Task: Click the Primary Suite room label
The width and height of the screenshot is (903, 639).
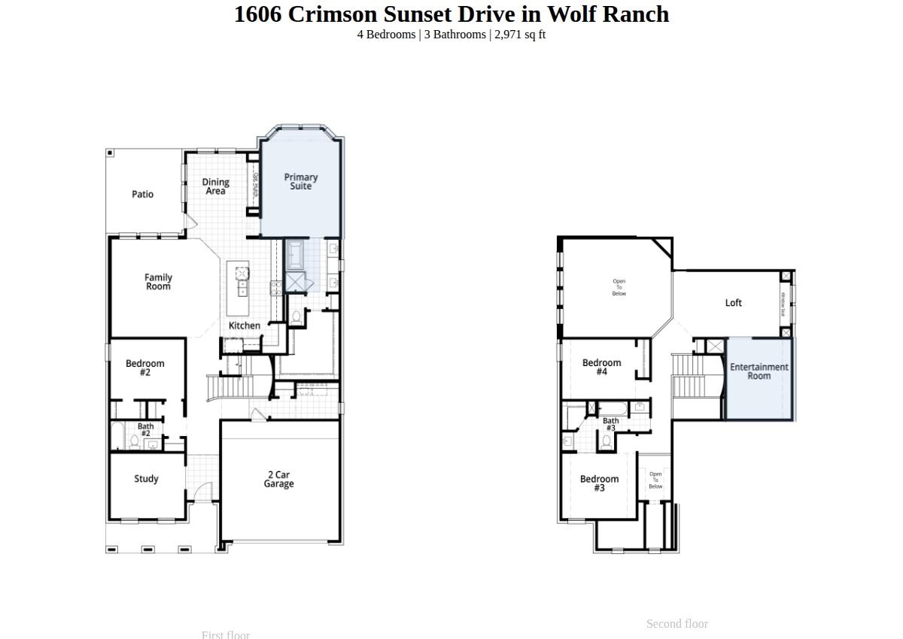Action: point(301,181)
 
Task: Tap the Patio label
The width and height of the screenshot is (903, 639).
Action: point(142,194)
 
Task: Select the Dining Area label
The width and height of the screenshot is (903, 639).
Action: point(215,186)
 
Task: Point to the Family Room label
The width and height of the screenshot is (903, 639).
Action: point(158,282)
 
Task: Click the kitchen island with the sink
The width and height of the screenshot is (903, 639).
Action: point(239,288)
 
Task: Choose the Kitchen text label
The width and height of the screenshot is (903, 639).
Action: point(245,326)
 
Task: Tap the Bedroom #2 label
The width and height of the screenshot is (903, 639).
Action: point(145,368)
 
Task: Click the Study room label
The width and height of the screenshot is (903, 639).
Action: point(146,479)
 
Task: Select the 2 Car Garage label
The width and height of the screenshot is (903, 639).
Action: point(278,480)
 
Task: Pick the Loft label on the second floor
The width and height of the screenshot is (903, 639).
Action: point(733,303)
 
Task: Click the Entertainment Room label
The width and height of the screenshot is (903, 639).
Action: point(759,371)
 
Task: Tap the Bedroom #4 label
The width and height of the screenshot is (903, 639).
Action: point(601,367)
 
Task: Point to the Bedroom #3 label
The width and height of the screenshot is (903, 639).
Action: point(599,483)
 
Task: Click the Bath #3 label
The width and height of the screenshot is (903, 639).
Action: point(610,424)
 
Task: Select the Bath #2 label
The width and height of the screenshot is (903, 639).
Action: point(145,430)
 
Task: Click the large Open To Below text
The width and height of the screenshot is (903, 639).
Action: point(619,287)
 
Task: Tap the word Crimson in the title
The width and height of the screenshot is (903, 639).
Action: point(333,14)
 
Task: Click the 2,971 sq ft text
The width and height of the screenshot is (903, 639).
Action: point(520,35)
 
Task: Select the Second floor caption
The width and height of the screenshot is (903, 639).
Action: point(676,623)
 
